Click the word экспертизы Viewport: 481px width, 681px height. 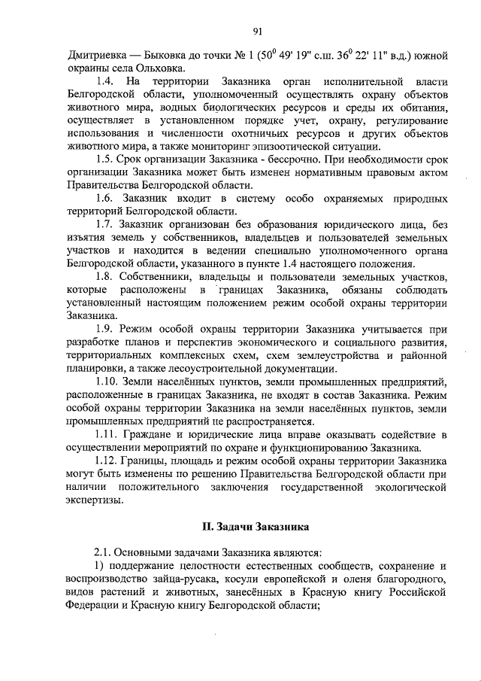(94, 501)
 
